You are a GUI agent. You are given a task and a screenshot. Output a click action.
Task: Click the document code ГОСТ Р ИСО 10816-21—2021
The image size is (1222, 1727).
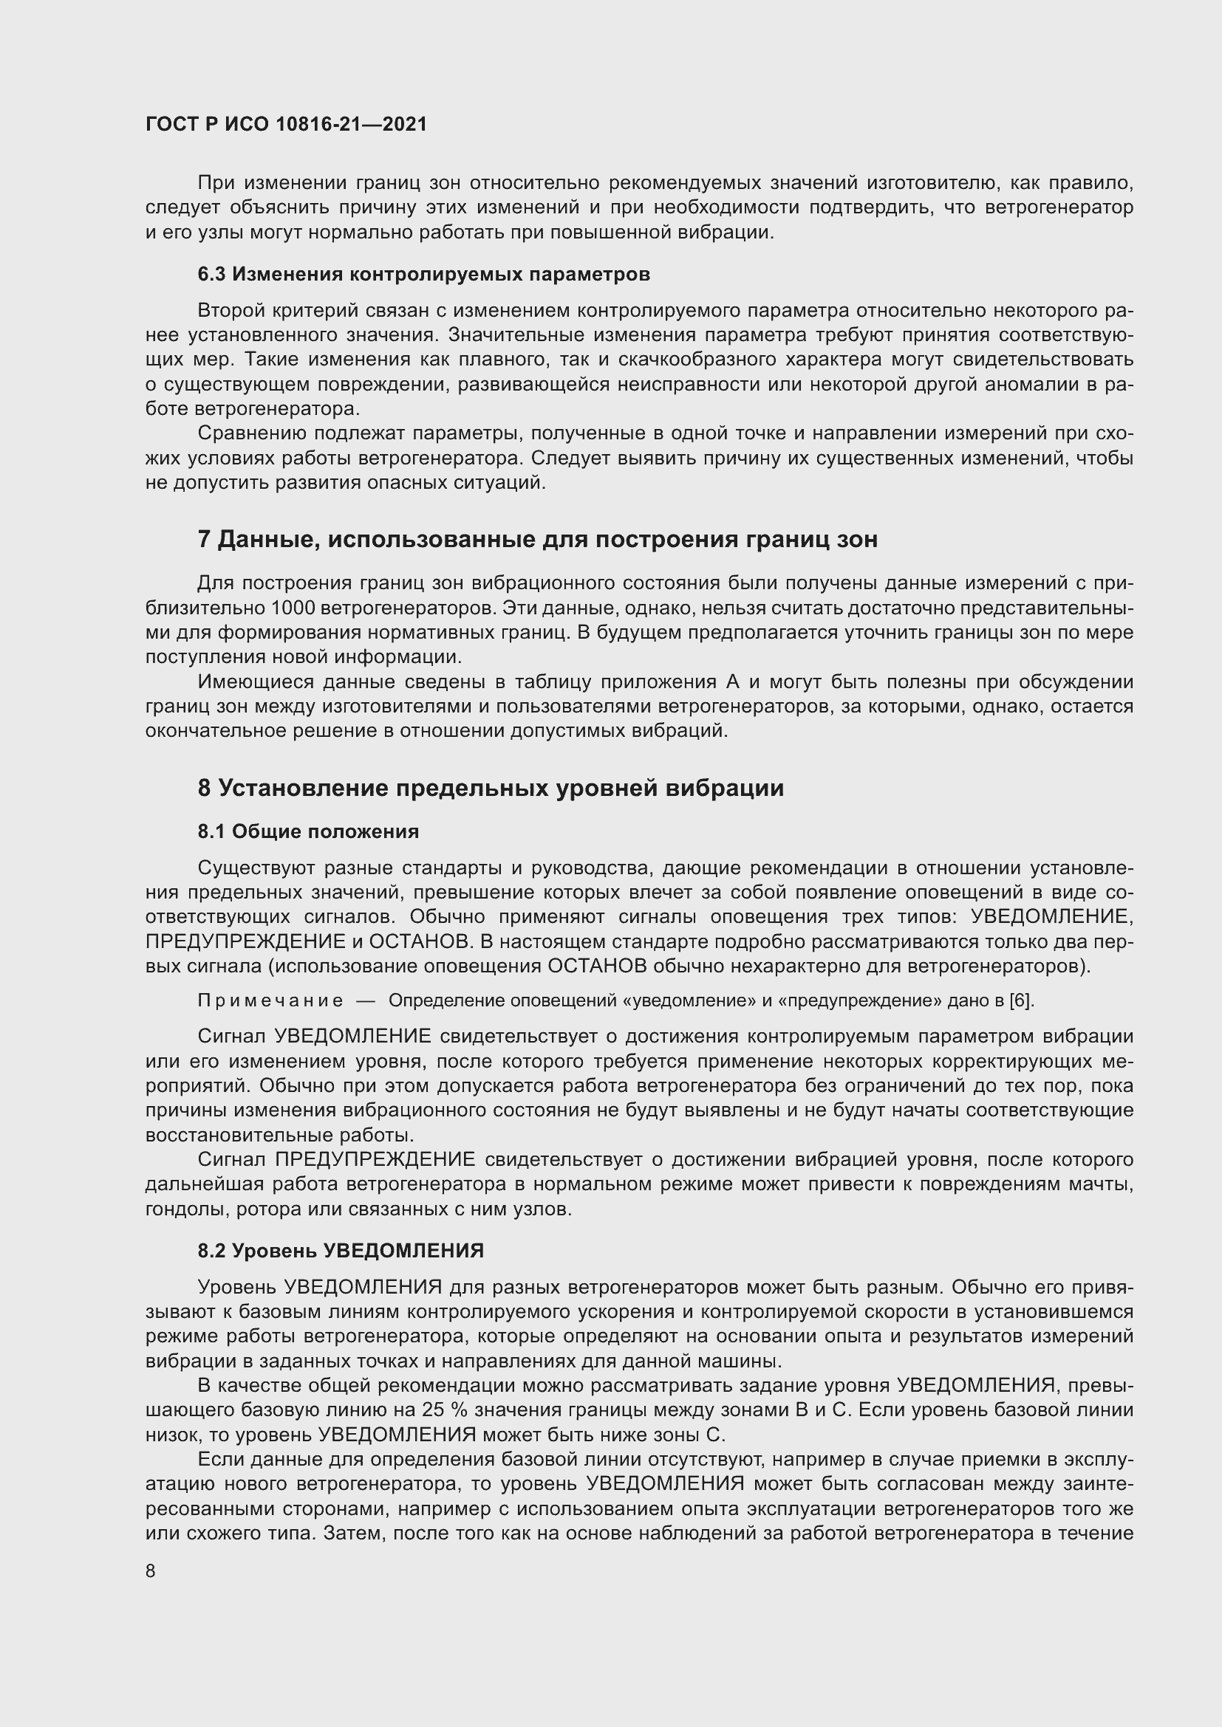tap(286, 124)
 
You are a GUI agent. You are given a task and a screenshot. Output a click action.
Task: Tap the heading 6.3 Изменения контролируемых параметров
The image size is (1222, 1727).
tap(423, 275)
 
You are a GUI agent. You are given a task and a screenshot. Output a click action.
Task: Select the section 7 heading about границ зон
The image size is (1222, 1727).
tap(537, 539)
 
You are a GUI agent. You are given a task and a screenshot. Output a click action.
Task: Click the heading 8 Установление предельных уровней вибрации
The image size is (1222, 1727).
tap(491, 788)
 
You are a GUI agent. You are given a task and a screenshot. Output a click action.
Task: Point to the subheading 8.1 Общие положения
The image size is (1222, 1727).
tap(309, 831)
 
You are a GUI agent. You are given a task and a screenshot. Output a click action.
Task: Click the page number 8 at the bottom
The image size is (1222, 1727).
tap(151, 1571)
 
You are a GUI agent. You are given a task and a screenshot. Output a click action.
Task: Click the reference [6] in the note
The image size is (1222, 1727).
tap(1022, 1001)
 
